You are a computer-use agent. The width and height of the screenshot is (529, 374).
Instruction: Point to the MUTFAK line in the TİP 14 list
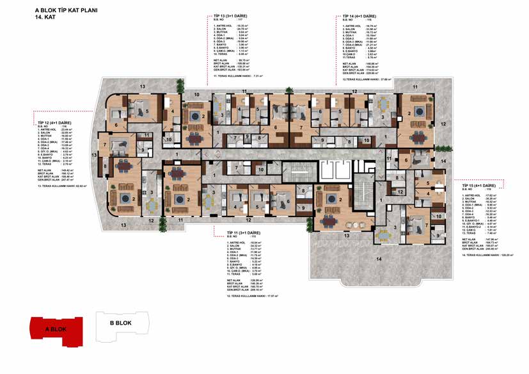(x=355, y=32)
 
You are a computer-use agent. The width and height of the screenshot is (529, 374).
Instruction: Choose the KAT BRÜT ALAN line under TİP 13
(x=232, y=66)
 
